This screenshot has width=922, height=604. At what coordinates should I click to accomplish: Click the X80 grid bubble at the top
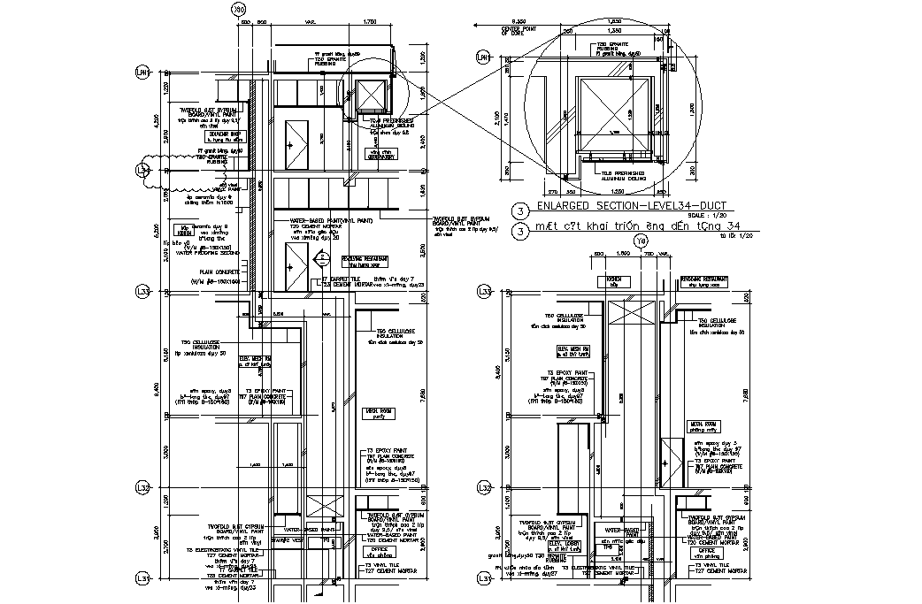click(237, 10)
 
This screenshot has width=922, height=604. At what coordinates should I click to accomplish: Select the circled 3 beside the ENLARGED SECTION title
click(522, 210)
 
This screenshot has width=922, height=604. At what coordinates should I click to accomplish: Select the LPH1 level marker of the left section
click(141, 72)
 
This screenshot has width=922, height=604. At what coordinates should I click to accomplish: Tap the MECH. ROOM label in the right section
click(704, 425)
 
